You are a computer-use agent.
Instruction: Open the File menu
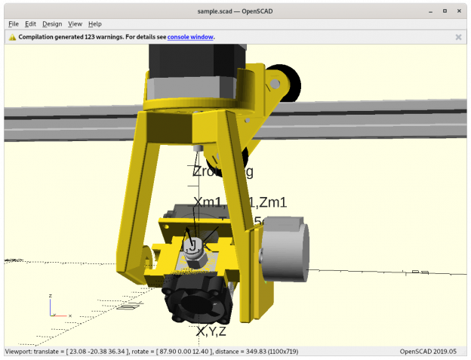[14, 24]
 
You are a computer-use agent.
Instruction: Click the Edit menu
[31, 24]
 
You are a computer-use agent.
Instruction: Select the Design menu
[52, 24]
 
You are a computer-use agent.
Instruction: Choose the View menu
[75, 24]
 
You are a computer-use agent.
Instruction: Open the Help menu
[95, 24]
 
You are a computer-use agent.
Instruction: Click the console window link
[190, 36]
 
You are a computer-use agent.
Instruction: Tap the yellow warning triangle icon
[12, 36]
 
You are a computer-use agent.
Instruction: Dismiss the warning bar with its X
[458, 36]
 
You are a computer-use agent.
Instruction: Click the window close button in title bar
[459, 11]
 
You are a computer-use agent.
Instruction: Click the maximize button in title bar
[445, 11]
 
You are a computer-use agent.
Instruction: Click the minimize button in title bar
[430, 11]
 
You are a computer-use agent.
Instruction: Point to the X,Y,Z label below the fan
[211, 331]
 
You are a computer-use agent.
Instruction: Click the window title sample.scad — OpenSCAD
[235, 11]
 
